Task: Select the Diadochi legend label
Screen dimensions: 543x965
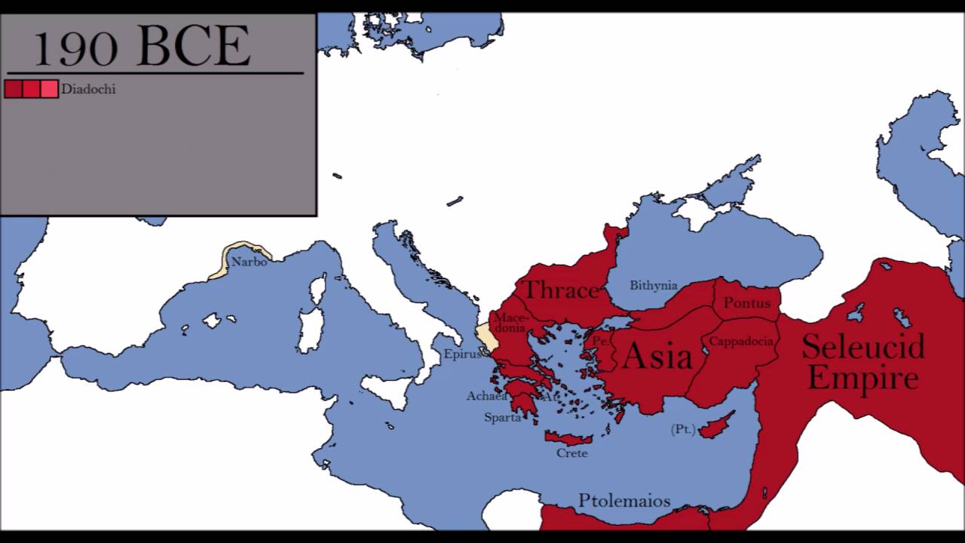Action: click(88, 89)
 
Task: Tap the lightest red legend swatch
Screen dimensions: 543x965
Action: click(50, 89)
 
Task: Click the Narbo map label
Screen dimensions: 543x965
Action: click(249, 262)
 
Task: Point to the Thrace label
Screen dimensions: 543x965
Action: click(560, 290)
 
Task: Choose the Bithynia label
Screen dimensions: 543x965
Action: click(654, 286)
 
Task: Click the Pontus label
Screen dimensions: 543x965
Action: click(747, 303)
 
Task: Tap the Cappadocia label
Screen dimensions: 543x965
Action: click(741, 342)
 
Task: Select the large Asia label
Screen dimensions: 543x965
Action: click(658, 356)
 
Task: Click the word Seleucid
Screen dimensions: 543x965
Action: click(863, 347)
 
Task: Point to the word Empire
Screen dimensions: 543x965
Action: click(863, 379)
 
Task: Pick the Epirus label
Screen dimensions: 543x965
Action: click(462, 354)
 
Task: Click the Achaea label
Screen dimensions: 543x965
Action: click(487, 396)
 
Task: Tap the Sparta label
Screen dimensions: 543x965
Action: click(503, 417)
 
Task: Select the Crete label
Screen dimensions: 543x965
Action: click(572, 453)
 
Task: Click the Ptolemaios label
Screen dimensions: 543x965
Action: click(624, 501)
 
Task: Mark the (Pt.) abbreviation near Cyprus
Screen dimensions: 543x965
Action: click(683, 429)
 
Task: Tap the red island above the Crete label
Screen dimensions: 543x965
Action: click(568, 438)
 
